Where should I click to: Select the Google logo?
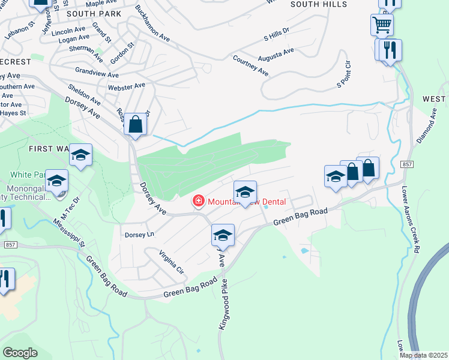coord(20,353)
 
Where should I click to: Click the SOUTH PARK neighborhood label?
coord(94,13)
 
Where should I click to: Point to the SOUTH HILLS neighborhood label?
coord(319,4)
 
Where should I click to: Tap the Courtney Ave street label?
coord(250,65)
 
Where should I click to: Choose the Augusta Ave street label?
coord(276,55)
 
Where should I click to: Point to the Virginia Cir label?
coord(171,262)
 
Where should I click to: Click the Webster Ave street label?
coord(126,86)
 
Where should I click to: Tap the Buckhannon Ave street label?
coord(152,23)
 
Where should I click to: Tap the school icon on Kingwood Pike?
coord(223,235)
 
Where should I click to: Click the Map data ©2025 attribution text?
coord(423,355)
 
